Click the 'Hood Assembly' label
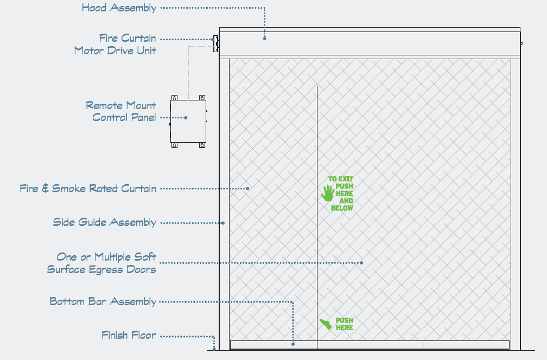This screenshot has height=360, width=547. click(x=119, y=8)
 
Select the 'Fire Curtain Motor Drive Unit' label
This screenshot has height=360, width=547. click(x=115, y=45)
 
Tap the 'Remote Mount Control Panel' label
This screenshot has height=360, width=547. click(x=120, y=111)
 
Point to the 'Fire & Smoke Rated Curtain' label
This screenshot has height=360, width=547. click(x=88, y=189)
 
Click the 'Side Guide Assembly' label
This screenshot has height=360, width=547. click(x=104, y=223)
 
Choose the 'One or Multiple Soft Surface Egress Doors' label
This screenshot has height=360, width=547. click(x=101, y=263)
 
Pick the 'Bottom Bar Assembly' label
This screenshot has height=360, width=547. click(x=103, y=302)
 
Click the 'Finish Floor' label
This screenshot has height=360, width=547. click(x=129, y=336)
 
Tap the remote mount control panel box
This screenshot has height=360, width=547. click(x=188, y=121)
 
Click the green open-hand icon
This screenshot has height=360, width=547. click(x=327, y=193)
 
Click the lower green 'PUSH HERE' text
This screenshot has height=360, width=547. click(x=344, y=324)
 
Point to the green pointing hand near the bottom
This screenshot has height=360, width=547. click(x=326, y=324)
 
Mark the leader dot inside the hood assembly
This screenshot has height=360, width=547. click(x=265, y=38)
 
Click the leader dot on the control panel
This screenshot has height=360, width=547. click(x=186, y=118)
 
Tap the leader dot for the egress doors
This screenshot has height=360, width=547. click(x=361, y=263)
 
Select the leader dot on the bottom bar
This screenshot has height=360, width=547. click(x=293, y=344)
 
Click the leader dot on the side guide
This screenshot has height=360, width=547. click(x=223, y=223)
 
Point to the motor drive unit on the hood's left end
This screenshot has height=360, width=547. click(x=216, y=44)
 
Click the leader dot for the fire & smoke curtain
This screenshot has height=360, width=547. click(x=248, y=188)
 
